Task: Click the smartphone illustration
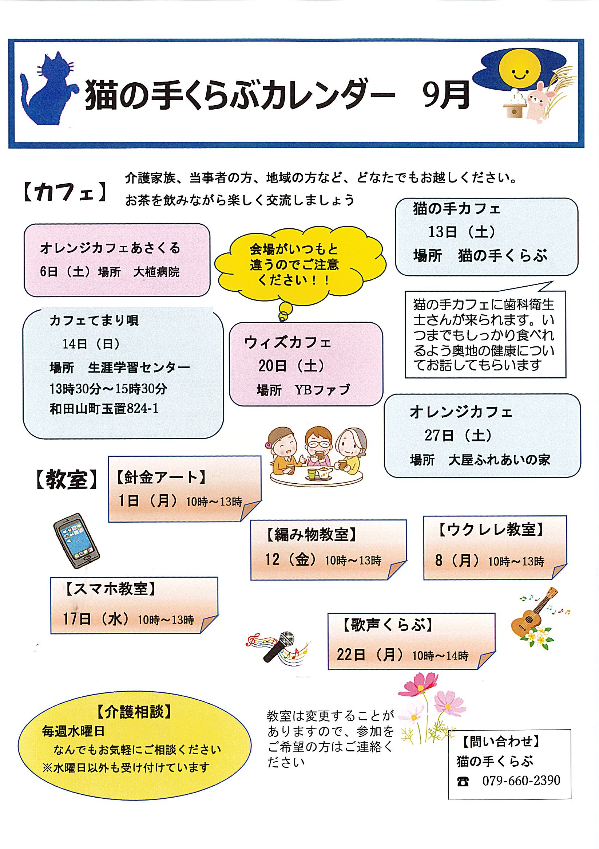click(76, 540)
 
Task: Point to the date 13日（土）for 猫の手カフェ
click(462, 232)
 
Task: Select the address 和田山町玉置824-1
click(104, 409)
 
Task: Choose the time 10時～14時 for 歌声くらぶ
click(440, 656)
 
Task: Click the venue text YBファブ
click(322, 390)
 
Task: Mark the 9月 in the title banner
click(446, 95)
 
